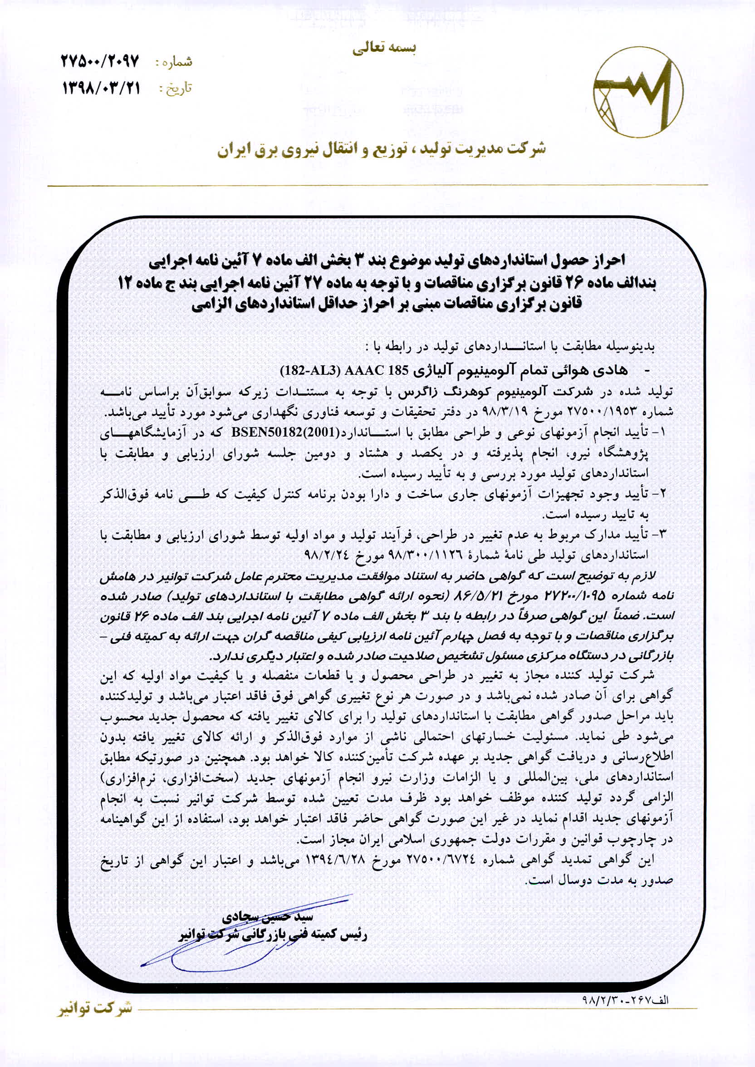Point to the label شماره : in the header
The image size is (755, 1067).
click(x=172, y=61)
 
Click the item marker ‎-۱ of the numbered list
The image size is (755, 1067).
click(x=661, y=432)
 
